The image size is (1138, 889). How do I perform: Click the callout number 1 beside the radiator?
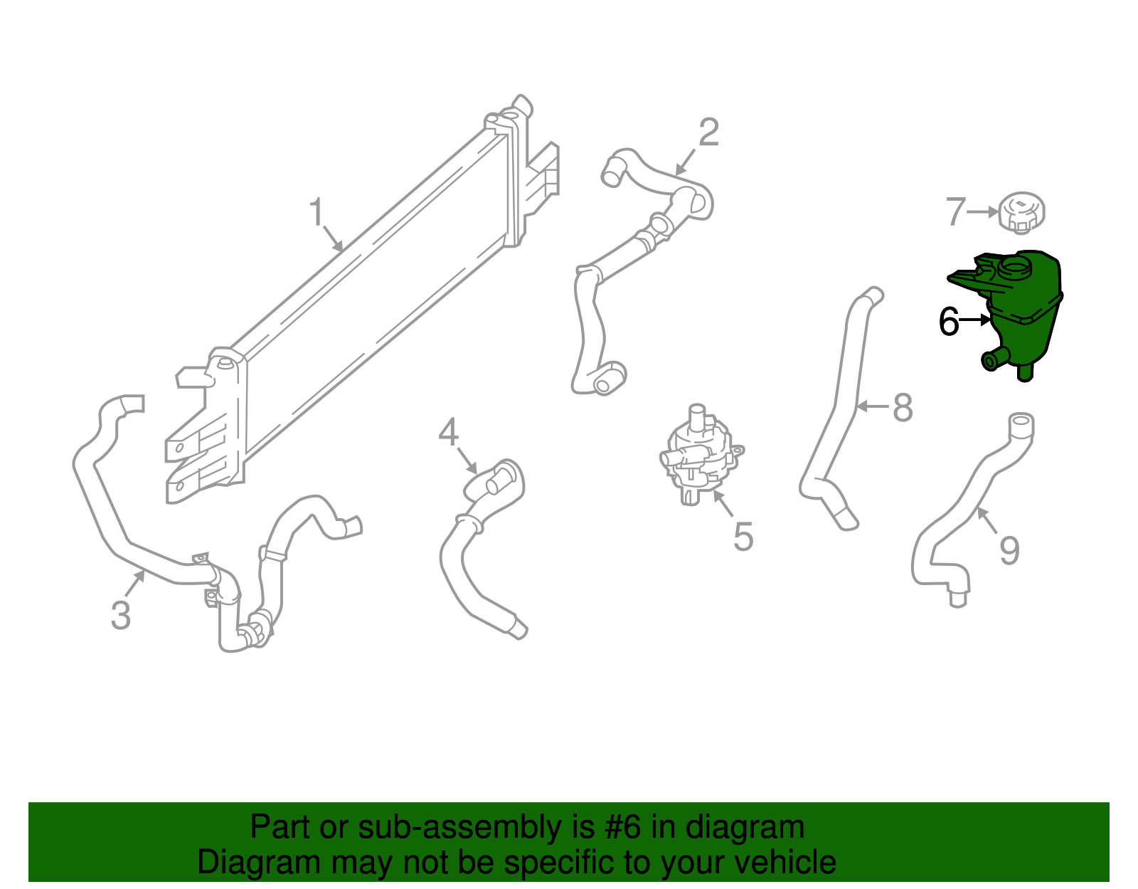(x=317, y=212)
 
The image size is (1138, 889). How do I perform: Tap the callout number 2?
(x=708, y=132)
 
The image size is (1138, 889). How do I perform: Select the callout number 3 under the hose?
(x=121, y=615)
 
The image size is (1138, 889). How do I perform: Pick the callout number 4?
(x=448, y=432)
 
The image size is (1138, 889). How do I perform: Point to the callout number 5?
(x=743, y=537)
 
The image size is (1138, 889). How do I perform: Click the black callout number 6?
(x=949, y=322)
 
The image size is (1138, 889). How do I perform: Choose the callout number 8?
(x=903, y=408)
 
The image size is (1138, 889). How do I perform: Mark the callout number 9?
(x=1009, y=550)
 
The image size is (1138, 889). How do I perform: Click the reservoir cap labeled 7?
(x=1022, y=212)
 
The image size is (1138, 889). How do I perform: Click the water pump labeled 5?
(x=697, y=456)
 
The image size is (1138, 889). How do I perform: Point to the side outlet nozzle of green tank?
(x=990, y=361)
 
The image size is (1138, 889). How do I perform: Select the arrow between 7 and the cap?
(x=984, y=211)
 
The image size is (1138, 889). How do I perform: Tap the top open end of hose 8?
(x=873, y=294)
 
